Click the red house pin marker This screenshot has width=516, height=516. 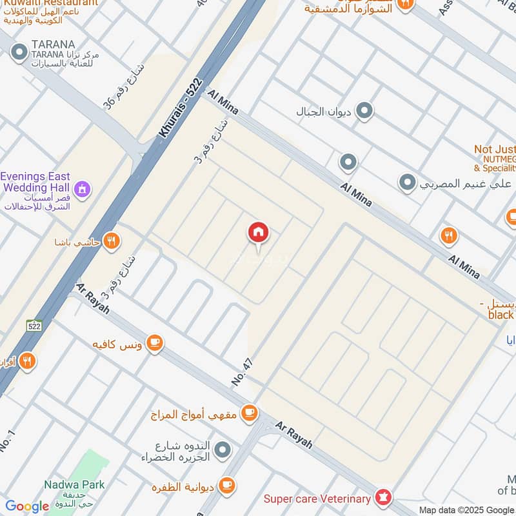pos(259,233)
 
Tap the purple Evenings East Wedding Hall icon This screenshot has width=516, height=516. pos(83,189)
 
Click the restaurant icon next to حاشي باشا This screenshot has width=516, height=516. pos(112,241)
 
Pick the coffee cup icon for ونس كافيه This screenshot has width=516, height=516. pos(154,342)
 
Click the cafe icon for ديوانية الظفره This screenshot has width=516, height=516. pos(226,485)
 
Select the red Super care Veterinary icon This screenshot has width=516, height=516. pos(384,497)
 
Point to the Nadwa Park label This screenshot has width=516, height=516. pos(74,484)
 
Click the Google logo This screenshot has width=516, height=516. pos(27,506)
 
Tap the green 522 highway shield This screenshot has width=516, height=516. pos(34,326)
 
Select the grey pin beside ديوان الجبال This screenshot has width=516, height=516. pos(364,112)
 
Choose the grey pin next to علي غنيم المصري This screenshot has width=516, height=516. pos(407,183)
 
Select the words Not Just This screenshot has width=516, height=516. pos(495,149)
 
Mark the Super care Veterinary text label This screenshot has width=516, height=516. pos(317,499)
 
